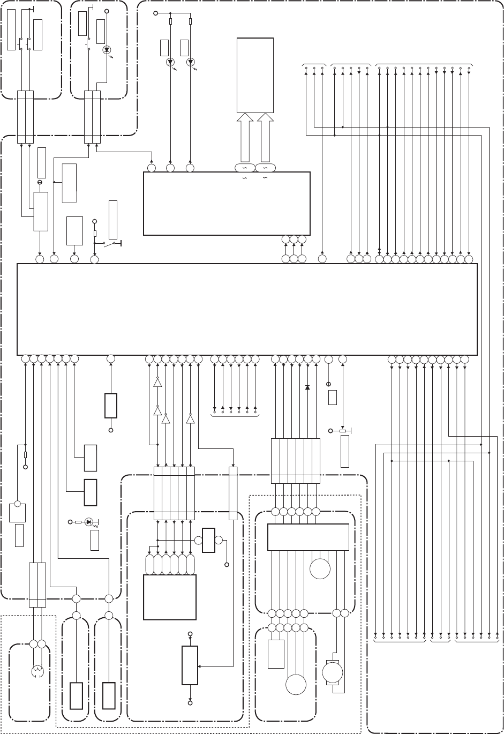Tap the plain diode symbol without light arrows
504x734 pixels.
[307, 387]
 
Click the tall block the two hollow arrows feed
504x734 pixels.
[255, 75]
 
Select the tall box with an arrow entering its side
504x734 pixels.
[190, 665]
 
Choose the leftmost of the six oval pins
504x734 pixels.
[150, 564]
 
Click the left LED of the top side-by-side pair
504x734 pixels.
[171, 62]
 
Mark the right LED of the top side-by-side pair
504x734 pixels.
[190, 62]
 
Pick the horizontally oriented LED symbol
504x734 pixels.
[89, 521]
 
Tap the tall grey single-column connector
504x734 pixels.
[233, 493]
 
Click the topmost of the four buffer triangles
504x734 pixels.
[157, 383]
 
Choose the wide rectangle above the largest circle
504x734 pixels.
[308, 537]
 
